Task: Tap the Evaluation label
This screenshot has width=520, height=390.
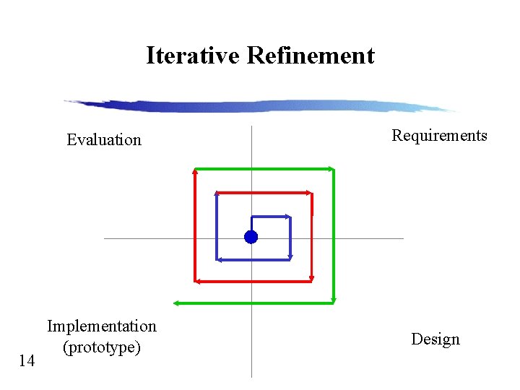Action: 104,139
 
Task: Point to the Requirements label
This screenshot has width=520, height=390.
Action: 439,135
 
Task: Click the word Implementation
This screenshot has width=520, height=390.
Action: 102,326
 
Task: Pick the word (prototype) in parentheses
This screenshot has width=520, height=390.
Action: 101,347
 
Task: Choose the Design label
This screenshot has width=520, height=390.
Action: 435,339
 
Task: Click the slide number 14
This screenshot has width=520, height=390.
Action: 27,360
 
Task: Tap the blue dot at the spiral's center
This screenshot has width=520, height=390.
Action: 251,237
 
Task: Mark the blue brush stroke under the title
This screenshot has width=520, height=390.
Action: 260,106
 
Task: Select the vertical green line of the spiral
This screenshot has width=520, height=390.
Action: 334,235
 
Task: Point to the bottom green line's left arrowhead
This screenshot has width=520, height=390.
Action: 177,303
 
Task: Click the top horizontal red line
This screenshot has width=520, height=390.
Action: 264,193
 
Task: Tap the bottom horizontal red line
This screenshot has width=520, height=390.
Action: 253,281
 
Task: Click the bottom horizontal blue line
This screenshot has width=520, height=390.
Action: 253,259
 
